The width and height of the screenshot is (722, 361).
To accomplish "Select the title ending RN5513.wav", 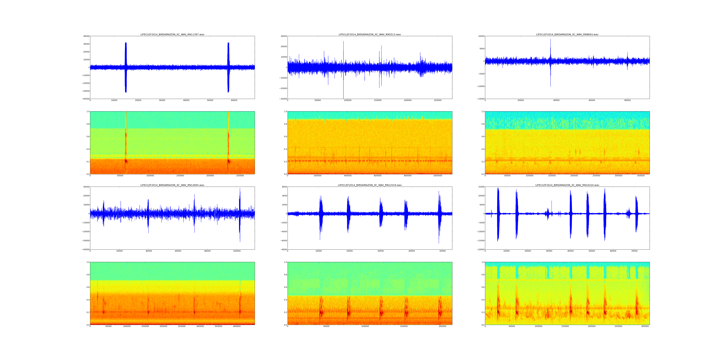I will coord(370,34).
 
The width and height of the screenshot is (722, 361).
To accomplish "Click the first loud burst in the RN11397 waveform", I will coord(126,67).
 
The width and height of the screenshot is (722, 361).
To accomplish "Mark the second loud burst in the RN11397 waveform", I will coord(228,67).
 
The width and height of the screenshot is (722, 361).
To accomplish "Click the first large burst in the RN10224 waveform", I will coord(498,214).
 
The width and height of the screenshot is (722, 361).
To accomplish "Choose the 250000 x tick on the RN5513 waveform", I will coord(438,100).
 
